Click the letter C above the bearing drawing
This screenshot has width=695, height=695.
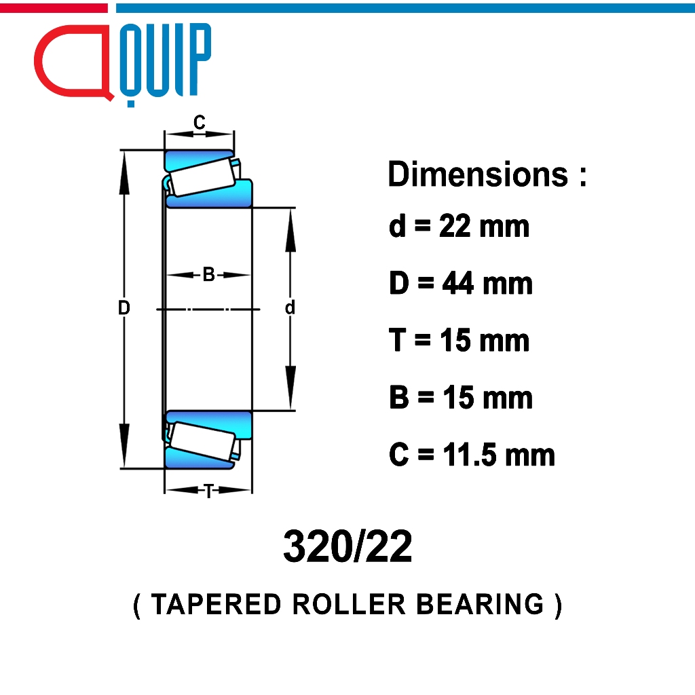tap(200, 122)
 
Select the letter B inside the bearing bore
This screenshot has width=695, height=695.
tap(209, 275)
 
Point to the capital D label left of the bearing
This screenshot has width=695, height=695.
tap(124, 307)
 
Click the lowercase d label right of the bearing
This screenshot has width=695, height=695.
tap(290, 307)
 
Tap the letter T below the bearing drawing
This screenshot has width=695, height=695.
tap(208, 491)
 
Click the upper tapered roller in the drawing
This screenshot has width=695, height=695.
tap(202, 177)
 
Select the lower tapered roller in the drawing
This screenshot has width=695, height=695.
tap(202, 440)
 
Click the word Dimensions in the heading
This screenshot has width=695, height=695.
tap(478, 174)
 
